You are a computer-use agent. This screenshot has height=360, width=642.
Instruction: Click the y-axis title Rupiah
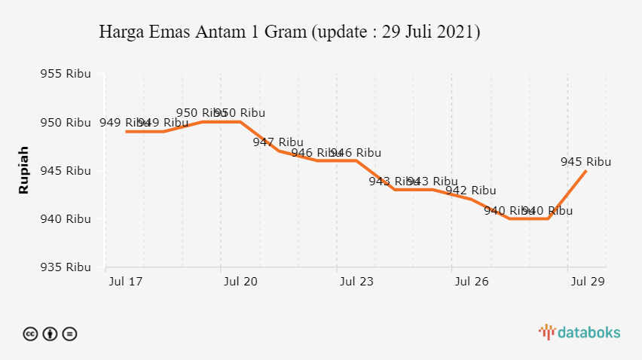pyautogui.click(x=23, y=170)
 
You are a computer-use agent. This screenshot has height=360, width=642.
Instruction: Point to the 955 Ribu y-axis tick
pyautogui.click(x=66, y=74)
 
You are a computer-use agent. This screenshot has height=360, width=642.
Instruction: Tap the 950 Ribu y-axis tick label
pyautogui.click(x=66, y=122)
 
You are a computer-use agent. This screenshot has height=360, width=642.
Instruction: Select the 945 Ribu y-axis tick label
pyautogui.click(x=66, y=171)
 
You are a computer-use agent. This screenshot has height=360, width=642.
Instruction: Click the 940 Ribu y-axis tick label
pyautogui.click(x=66, y=219)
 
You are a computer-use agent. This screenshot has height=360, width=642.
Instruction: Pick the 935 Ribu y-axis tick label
pyautogui.click(x=66, y=267)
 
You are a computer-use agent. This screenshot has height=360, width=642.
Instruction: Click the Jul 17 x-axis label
pyautogui.click(x=125, y=282)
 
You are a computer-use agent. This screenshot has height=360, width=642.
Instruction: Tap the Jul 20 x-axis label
pyautogui.click(x=240, y=282)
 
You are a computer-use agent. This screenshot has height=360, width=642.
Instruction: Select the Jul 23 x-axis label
pyautogui.click(x=356, y=282)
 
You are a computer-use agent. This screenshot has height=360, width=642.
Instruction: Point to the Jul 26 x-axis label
pyautogui.click(x=472, y=282)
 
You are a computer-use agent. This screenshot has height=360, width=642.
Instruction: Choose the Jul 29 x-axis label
pyautogui.click(x=587, y=282)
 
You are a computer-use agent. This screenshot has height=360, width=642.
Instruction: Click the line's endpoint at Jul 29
pyautogui.click(x=586, y=171)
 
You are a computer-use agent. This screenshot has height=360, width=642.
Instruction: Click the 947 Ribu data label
pyautogui.click(x=278, y=142)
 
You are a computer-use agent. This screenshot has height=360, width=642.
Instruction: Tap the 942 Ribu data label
pyautogui.click(x=471, y=191)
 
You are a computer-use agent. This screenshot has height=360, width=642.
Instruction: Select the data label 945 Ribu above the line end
pyautogui.click(x=585, y=161)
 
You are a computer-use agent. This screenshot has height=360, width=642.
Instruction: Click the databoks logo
pyautogui.click(x=579, y=331)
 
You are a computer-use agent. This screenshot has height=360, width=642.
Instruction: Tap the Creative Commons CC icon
pyautogui.click(x=31, y=334)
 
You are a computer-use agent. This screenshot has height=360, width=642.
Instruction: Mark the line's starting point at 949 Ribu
pyautogui.click(x=126, y=132)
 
